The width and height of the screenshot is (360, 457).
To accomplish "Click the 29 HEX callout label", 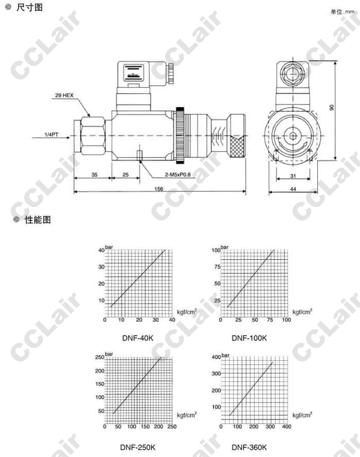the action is coord(64,95).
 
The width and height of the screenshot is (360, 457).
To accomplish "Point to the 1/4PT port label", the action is coord(51,135).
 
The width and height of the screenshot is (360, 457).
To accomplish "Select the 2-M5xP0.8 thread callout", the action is coord(177,174).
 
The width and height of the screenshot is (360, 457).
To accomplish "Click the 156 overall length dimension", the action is coord(159,189).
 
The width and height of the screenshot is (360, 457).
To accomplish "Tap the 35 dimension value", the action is coord(94,175).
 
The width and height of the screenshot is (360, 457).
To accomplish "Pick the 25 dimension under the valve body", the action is coord(125,175).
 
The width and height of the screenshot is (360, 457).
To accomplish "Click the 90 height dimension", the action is coord(331,108).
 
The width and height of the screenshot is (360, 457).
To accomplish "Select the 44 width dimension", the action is coord(293,189).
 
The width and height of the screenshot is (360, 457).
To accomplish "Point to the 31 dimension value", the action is coord(293,175).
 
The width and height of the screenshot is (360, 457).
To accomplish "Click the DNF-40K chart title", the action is coord(137,338).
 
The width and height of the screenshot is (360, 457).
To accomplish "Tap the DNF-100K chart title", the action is coord(249,338).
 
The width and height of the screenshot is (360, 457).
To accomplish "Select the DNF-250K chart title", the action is coord(137,447).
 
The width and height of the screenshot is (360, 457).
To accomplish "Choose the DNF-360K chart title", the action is coord(249,447).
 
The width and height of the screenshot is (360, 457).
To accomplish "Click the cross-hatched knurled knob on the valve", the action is coord(238,147).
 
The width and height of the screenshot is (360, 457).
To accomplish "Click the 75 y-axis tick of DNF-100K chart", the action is coord(217,267).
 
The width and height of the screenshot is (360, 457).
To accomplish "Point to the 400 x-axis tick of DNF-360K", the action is coord(286,427).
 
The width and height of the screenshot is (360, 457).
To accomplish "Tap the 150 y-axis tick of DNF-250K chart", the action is coord(100,384).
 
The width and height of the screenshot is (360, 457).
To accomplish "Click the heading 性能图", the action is coord(38,219).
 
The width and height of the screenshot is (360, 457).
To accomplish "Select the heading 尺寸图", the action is coord(29,7).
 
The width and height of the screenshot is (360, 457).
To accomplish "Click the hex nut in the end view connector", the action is coord(293,74).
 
